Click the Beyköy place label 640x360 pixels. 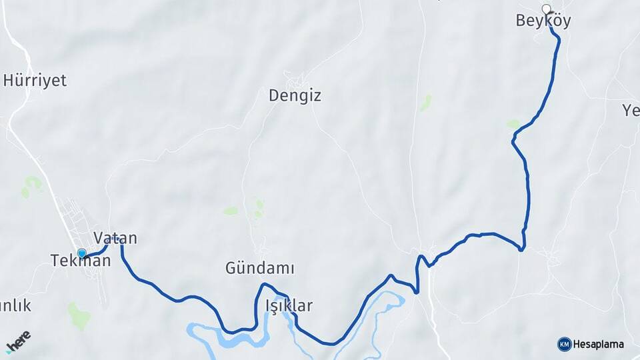point(543,21)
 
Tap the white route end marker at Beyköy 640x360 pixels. point(547,9)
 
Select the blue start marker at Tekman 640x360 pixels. point(82,253)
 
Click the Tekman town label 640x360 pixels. point(81,261)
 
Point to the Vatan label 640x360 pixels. point(115,238)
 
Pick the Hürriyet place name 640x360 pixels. point(35,81)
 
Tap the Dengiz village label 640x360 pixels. point(295,95)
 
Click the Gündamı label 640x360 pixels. point(260,269)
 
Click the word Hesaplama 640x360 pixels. point(599,344)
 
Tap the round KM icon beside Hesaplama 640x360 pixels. point(564,344)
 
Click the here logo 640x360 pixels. point(19,342)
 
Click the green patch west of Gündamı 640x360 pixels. point(231,211)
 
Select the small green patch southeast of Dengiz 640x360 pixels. point(425,103)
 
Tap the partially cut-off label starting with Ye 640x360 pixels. point(631,111)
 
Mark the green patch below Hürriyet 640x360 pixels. point(31,185)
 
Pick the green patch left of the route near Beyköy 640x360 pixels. point(513,124)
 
